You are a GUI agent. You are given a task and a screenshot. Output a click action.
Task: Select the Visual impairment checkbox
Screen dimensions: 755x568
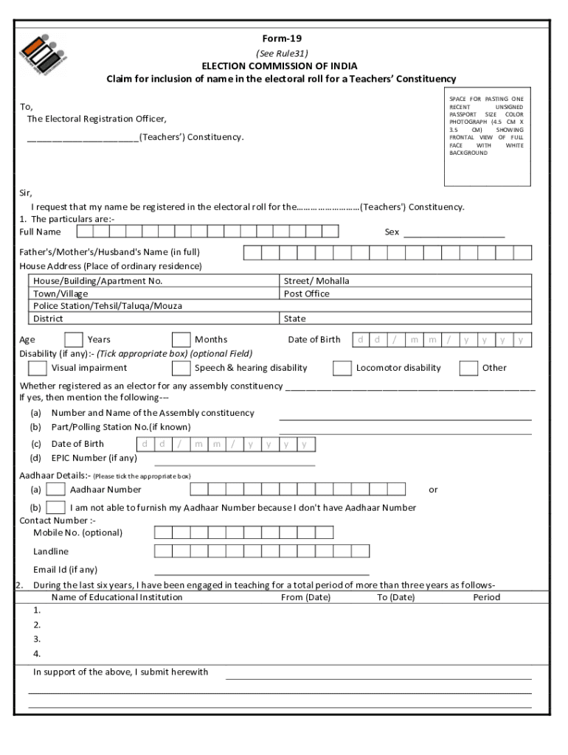tap(37, 368)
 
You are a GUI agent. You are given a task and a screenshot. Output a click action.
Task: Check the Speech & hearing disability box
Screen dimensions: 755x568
tap(181, 368)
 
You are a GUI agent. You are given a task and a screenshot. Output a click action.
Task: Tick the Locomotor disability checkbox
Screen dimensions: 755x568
tap(342, 368)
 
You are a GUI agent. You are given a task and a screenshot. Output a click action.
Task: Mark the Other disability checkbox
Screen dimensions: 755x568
tap(468, 368)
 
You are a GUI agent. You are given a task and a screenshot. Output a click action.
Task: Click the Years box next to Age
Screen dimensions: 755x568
tap(74, 340)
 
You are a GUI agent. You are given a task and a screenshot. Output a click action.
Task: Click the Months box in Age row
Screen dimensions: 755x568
tap(181, 340)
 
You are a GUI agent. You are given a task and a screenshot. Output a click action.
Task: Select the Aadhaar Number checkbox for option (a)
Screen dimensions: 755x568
tap(55, 489)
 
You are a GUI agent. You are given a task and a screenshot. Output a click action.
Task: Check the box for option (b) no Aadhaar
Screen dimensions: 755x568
tap(55, 507)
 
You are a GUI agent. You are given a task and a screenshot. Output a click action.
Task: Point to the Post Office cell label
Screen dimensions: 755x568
tap(306, 293)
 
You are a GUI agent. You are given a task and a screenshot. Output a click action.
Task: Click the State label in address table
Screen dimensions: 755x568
tap(295, 319)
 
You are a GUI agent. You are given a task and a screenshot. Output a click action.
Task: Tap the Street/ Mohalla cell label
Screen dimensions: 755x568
tap(316, 281)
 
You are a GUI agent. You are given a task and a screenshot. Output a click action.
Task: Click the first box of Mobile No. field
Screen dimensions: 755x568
tap(163, 532)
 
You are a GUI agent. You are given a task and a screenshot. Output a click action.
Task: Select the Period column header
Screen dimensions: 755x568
tap(486, 597)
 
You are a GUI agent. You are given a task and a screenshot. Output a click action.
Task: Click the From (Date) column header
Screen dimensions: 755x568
tap(305, 597)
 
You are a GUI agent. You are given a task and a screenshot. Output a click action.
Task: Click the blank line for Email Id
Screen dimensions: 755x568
tap(262, 571)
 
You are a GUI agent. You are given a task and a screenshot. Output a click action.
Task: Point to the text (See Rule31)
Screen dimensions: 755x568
tap(282, 53)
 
